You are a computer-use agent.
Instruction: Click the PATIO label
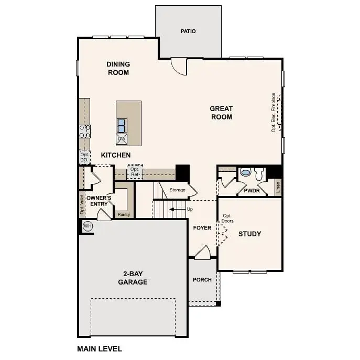188,31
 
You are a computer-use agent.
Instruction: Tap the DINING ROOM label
118,69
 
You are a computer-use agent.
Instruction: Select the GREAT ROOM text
221,113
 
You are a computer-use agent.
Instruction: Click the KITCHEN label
116,155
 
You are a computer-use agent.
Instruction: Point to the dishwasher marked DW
122,139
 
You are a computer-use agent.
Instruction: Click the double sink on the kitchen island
122,125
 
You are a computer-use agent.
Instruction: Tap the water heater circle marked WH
88,226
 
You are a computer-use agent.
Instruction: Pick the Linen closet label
278,187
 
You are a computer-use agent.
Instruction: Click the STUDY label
249,234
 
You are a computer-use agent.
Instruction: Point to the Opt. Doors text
227,219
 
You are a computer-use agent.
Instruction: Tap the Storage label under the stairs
177,190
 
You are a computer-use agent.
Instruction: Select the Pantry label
124,214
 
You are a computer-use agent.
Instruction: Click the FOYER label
202,228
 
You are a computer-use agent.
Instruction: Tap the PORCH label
202,280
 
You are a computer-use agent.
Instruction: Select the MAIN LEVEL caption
100,348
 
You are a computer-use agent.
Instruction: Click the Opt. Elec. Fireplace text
274,112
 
